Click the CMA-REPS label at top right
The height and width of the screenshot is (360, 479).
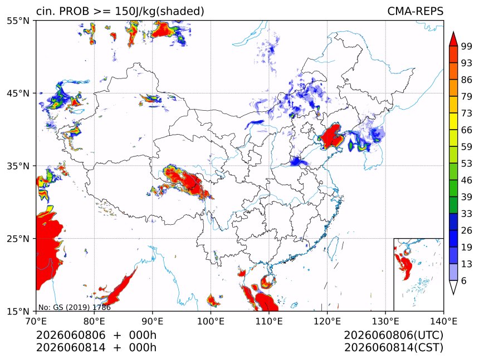[x=415, y=11]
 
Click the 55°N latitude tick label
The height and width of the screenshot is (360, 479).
[x=18, y=21]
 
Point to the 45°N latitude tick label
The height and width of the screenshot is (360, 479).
[x=18, y=93]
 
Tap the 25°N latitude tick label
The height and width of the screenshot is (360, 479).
[x=18, y=238]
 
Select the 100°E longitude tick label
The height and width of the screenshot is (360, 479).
[x=211, y=321]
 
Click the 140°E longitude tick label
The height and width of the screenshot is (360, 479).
[x=443, y=321]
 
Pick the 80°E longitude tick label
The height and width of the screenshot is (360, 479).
[x=94, y=321]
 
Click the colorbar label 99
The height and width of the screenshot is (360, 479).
[x=467, y=46]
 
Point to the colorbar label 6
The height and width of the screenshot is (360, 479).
[x=464, y=280]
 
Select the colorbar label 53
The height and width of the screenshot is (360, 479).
[x=467, y=164]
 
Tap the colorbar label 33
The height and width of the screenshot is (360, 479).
[x=467, y=214]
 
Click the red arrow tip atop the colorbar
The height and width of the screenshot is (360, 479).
[x=453, y=32]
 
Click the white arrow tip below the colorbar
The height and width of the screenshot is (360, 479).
[x=453, y=294]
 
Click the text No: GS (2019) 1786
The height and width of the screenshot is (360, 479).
[x=75, y=307]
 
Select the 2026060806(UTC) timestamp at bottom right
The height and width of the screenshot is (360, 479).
[x=393, y=335]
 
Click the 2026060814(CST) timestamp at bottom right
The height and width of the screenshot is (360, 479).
[x=393, y=348]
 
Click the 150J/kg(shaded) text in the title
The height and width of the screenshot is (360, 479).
[x=159, y=11]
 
